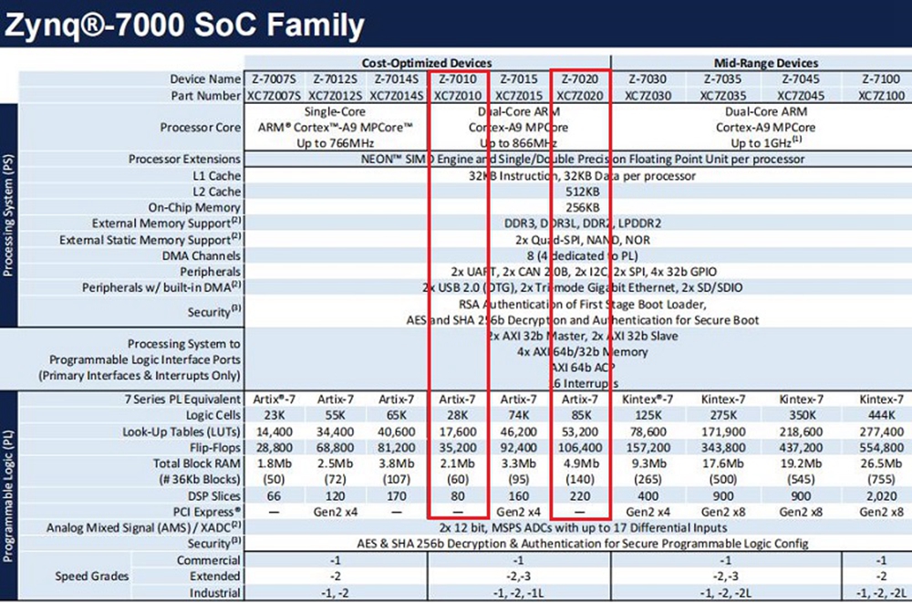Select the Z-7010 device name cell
tap(459, 79)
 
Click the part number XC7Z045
tap(795, 96)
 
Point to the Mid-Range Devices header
tap(762, 63)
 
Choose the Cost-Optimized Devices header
tap(425, 63)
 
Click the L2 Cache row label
tap(212, 192)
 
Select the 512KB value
tap(582, 192)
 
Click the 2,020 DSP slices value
tap(879, 496)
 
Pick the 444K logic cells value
tap(879, 415)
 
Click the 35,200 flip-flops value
tap(459, 448)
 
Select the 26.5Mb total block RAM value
tap(879, 463)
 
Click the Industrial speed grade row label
tap(209, 594)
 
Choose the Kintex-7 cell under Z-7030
tap(648, 399)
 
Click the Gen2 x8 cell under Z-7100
tap(879, 512)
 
